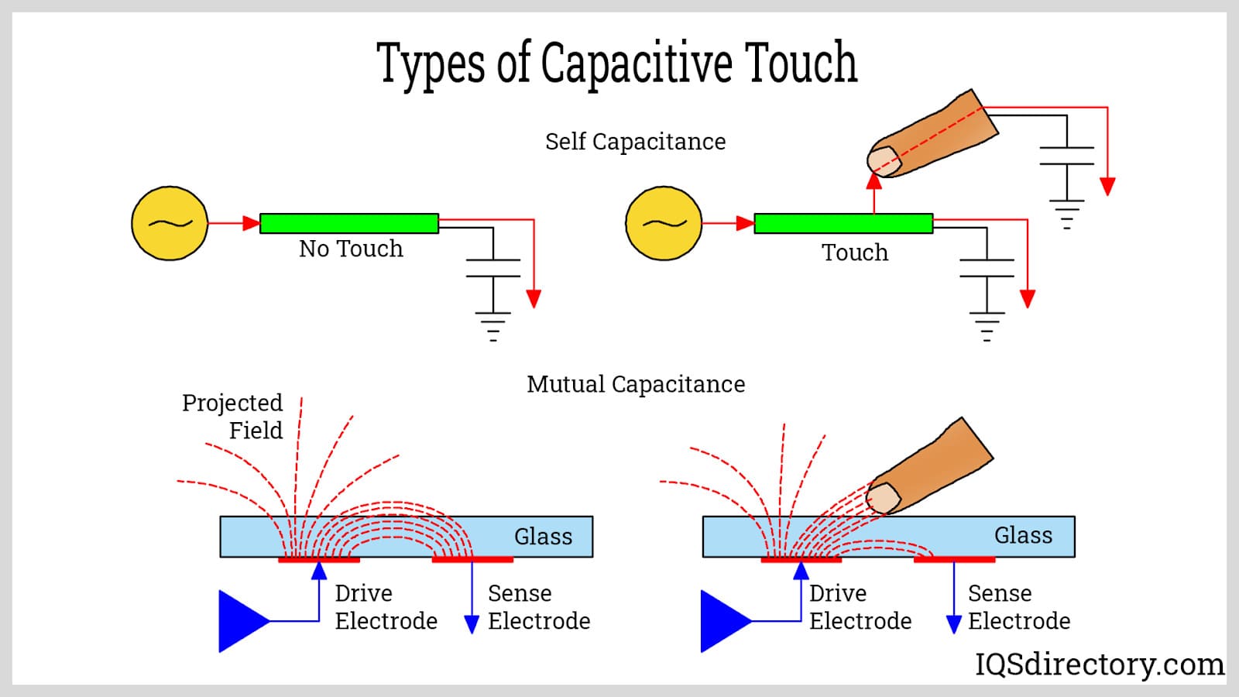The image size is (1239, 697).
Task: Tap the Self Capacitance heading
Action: [x=635, y=142]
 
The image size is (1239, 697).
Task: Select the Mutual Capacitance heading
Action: [x=636, y=384]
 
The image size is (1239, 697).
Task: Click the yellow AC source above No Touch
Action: [x=170, y=223]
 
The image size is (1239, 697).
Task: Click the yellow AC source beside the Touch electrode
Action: [x=664, y=223]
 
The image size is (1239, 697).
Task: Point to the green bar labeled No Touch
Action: [x=349, y=223]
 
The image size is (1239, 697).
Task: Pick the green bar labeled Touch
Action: [x=843, y=223]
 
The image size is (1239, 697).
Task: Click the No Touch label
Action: [x=351, y=249]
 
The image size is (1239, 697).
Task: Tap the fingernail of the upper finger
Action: [x=883, y=160]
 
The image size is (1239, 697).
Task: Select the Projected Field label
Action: [x=232, y=417]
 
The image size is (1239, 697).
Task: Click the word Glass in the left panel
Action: [x=543, y=537]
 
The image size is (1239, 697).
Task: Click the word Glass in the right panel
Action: [x=1023, y=535]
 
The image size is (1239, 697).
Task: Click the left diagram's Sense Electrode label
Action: [x=539, y=607]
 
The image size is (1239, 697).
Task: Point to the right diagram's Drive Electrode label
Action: [x=860, y=607]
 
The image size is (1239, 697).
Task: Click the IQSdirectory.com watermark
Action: [x=1099, y=664]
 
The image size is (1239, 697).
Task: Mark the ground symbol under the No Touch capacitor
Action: [x=493, y=326]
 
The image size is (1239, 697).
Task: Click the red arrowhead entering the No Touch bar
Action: [x=251, y=223]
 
